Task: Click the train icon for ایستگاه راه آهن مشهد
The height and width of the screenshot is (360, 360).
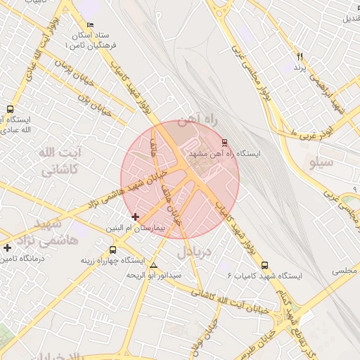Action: click(224, 143)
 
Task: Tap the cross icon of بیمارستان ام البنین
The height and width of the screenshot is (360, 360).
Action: click(136, 217)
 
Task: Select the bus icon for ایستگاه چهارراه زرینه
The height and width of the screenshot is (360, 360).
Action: click(113, 250)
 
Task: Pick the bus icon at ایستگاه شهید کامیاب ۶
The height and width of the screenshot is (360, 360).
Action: click(264, 265)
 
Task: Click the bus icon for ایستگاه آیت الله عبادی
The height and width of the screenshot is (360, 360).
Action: click(10, 109)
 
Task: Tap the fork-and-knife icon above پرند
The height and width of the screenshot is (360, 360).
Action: click(300, 56)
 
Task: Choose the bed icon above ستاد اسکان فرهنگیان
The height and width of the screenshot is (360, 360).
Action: click(89, 25)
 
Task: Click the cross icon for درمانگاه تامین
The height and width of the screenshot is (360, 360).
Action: click(7, 247)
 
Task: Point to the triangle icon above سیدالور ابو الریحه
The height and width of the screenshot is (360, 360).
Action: click(153, 264)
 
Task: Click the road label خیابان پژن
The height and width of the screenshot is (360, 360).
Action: click(96, 104)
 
